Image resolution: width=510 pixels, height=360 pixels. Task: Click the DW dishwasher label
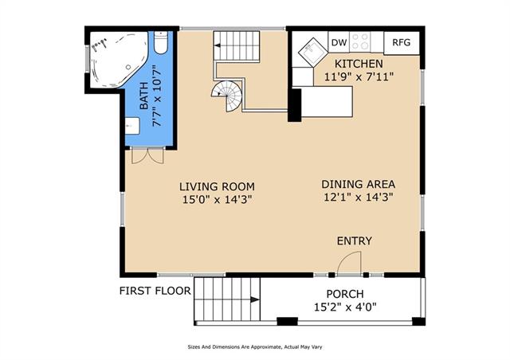tap(339, 42)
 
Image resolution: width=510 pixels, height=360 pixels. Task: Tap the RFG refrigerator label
tap(402, 42)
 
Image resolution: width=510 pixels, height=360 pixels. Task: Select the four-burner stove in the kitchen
tap(360, 41)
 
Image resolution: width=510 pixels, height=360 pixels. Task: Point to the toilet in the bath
tap(160, 42)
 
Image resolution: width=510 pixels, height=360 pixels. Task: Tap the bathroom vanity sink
tap(132, 126)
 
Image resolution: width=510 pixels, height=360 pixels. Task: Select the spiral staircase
tap(227, 96)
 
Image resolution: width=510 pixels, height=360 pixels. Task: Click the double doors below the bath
tap(147, 156)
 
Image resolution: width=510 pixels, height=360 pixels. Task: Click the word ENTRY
tap(354, 241)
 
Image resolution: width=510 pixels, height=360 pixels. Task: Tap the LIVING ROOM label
tap(217, 186)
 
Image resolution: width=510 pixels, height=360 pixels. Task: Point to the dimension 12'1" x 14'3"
tap(359, 197)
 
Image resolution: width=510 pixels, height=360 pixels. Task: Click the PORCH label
tap(345, 294)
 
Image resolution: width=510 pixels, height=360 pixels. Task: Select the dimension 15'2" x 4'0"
tap(345, 307)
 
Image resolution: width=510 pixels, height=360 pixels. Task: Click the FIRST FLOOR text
tap(155, 291)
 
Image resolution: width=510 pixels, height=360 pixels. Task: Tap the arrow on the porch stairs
tap(255, 299)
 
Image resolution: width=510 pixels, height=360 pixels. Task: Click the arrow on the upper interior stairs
tap(218, 45)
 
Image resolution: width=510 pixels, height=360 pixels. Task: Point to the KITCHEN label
tap(359, 64)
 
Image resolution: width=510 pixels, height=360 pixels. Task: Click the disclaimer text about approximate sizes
tap(255, 347)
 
